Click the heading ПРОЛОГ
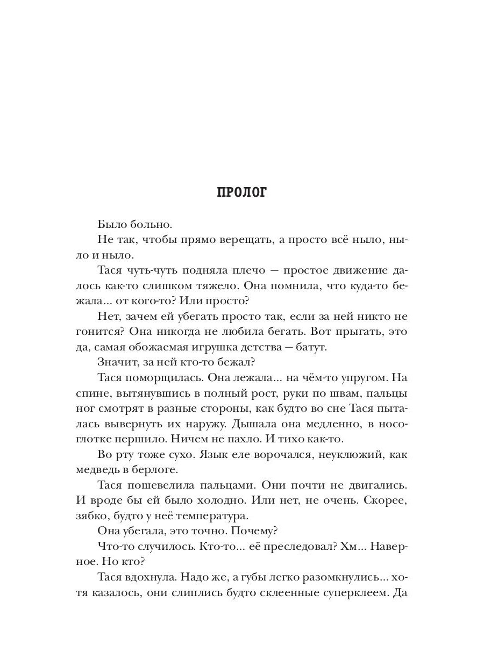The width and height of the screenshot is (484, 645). coord(241,193)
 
